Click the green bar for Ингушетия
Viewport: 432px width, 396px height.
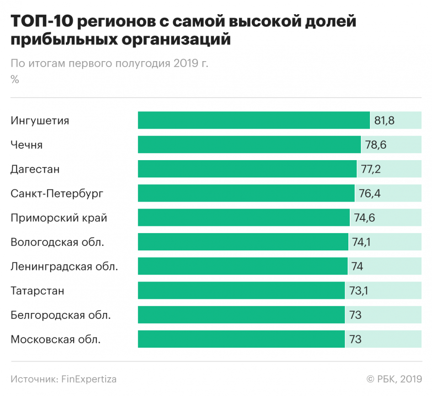coord(254,120)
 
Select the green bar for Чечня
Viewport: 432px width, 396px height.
coord(249,145)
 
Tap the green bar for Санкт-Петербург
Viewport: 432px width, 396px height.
coord(246,193)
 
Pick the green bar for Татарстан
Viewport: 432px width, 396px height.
coord(241,291)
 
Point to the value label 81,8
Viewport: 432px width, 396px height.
coord(384,120)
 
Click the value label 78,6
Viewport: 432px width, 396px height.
coord(376,145)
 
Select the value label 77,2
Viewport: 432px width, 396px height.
coord(371,169)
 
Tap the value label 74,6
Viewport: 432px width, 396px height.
coord(364,218)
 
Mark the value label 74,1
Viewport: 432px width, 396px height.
coord(361,242)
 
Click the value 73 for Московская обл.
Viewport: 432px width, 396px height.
coord(355,339)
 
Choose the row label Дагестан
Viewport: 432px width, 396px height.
coord(35,169)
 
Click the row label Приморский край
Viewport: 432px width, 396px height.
coord(59,218)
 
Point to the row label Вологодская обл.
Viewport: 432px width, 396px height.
coord(58,242)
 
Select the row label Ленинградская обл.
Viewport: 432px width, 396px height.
coord(64,266)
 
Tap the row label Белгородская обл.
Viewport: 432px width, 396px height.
coord(61,315)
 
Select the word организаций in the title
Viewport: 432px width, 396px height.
coord(176,40)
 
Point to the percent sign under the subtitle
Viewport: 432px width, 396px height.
coord(15,79)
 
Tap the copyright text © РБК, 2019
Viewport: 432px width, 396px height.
coord(394,379)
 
